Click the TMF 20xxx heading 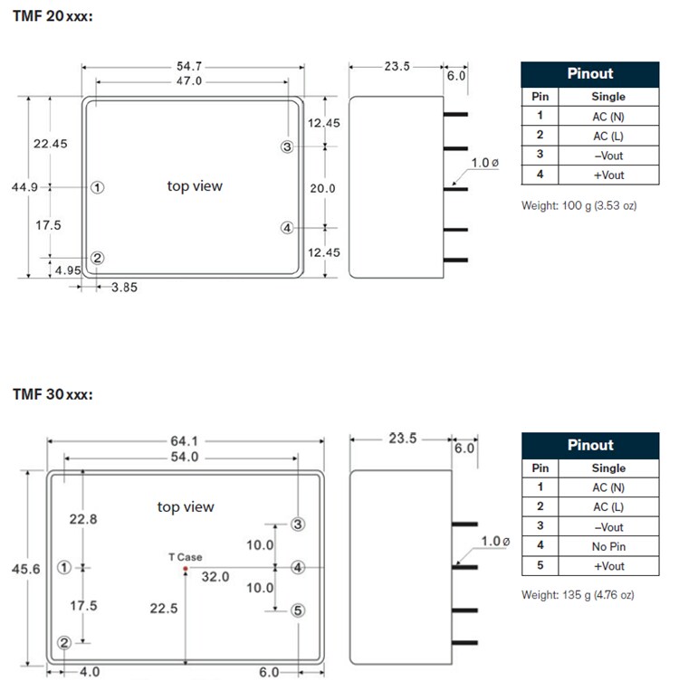click(53, 16)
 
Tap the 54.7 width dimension click(189, 66)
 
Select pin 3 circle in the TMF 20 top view click(287, 147)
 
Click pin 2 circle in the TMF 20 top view click(98, 258)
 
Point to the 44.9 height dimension click(24, 187)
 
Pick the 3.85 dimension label click(124, 288)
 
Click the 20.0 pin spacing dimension click(322, 188)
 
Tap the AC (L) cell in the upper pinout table click(608, 136)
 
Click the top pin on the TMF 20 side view click(455, 115)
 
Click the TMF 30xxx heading click(53, 394)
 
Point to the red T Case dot click(186, 569)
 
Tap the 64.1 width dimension click(184, 440)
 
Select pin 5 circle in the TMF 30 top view click(298, 610)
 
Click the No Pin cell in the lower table click(608, 546)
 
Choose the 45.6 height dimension click(26, 569)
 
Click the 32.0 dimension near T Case click(215, 576)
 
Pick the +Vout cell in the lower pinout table click(609, 566)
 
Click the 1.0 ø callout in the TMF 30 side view click(495, 541)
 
